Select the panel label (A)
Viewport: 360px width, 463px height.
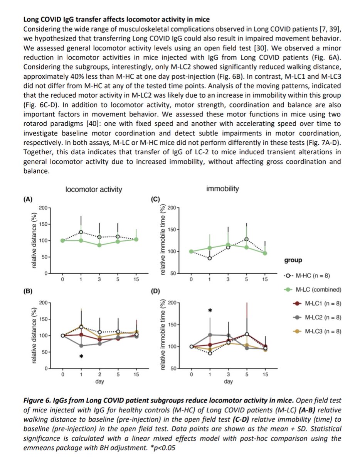[28, 199]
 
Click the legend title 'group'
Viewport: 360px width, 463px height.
[293, 260]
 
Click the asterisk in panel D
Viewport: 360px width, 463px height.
[210, 311]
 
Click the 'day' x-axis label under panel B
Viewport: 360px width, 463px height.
[99, 382]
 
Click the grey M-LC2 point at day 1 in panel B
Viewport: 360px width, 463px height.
[81, 346]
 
